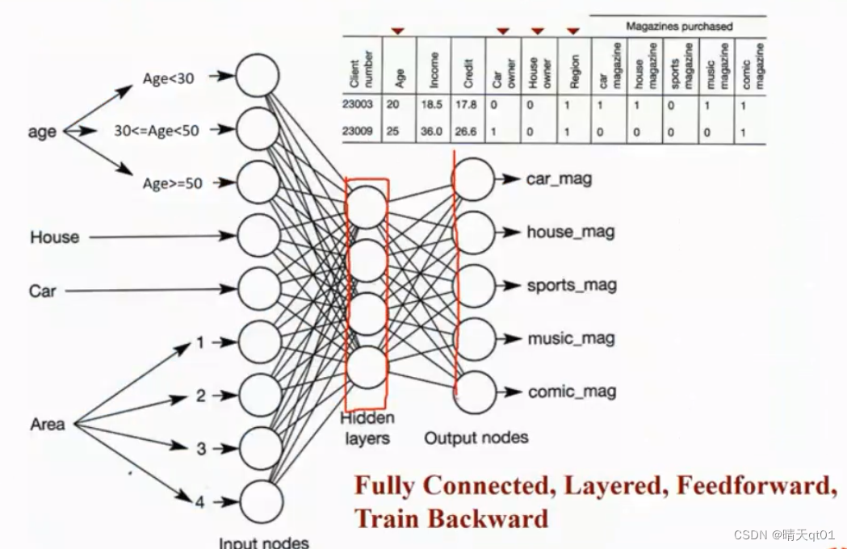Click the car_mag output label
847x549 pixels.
(x=559, y=178)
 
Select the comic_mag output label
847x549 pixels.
(x=572, y=392)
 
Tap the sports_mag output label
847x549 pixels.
(x=571, y=285)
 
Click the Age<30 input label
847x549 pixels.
(x=168, y=78)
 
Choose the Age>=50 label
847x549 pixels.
(x=172, y=183)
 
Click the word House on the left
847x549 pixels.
(x=55, y=237)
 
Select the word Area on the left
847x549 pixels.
(x=48, y=424)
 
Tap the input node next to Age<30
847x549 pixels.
(x=258, y=78)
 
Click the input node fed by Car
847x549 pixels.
(x=258, y=290)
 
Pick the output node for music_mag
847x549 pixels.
(x=474, y=339)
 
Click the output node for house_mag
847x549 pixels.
(x=474, y=233)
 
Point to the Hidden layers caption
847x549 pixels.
(x=367, y=429)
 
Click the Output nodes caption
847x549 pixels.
(x=476, y=438)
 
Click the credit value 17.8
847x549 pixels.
(x=466, y=105)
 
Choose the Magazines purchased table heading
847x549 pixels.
(x=679, y=27)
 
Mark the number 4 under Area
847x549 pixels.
(x=199, y=502)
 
